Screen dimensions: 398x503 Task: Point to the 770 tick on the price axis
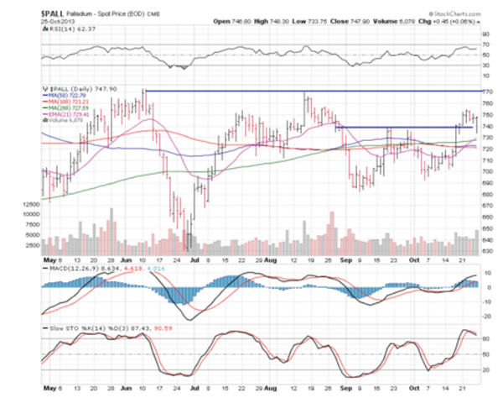point(486,89)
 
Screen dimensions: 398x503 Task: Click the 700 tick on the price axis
point(486,171)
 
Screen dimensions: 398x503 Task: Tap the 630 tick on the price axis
point(486,252)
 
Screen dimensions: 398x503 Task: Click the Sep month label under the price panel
point(345,260)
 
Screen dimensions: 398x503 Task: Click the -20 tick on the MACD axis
point(485,317)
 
